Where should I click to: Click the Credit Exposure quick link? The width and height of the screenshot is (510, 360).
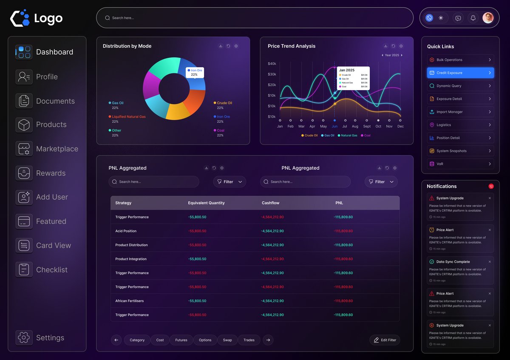click(460, 73)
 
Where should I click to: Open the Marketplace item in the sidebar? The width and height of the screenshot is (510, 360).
click(57, 149)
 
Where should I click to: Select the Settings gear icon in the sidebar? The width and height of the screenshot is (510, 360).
click(24, 337)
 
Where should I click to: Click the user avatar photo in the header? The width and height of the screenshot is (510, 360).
click(488, 18)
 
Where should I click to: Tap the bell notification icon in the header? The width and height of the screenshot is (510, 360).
click(473, 18)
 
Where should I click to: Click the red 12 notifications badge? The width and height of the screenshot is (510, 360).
click(491, 186)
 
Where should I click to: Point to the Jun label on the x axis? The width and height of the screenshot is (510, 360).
click(334, 126)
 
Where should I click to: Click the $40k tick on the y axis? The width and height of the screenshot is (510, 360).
click(272, 64)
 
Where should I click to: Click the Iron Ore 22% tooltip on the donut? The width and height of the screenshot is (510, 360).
click(195, 72)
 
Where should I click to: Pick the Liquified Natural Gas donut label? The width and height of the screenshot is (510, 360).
click(128, 116)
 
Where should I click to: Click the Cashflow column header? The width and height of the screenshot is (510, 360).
click(270, 203)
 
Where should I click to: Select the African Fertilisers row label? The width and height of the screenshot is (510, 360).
click(129, 301)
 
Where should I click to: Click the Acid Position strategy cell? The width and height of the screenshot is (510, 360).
click(126, 231)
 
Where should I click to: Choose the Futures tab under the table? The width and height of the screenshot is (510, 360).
click(181, 340)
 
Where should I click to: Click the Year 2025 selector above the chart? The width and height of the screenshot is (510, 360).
click(392, 55)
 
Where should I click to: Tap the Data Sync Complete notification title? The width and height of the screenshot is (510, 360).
click(453, 262)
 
